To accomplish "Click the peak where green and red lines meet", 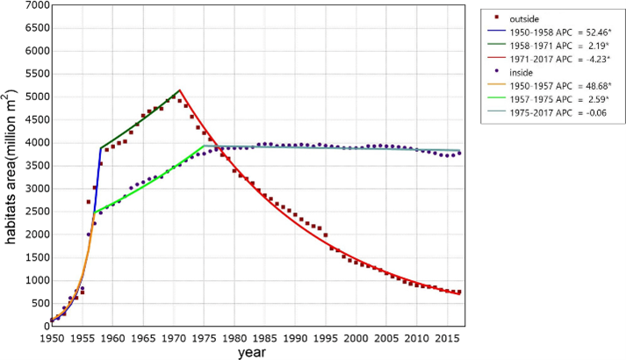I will click(x=180, y=90).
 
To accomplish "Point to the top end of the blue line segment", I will click(x=101, y=148).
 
